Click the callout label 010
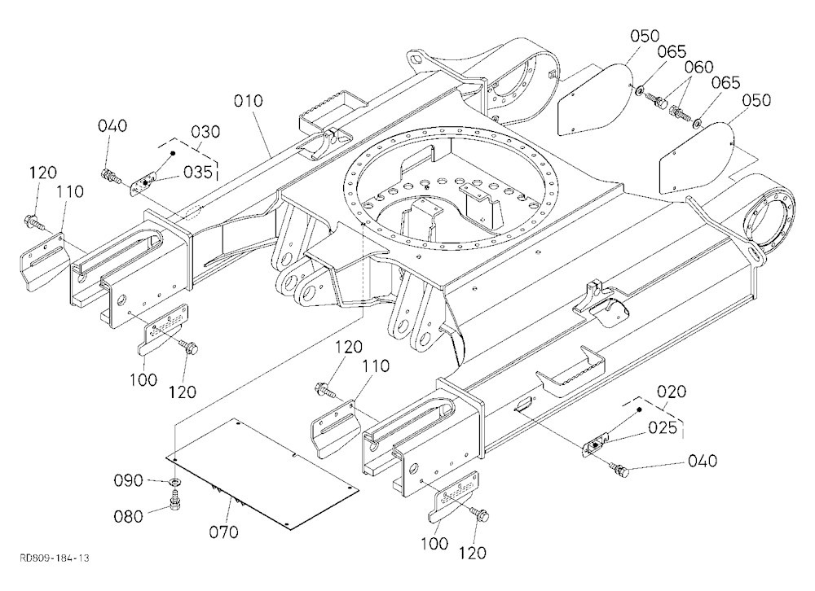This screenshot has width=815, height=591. click(x=248, y=100)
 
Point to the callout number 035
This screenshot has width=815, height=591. click(x=197, y=172)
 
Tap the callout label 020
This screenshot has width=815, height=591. click(x=672, y=391)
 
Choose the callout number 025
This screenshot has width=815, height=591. click(x=663, y=427)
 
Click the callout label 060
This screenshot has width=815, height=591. click(x=698, y=67)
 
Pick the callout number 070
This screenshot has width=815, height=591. click(x=223, y=532)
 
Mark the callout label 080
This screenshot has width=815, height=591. click(x=129, y=516)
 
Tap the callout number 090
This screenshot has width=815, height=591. click(x=129, y=480)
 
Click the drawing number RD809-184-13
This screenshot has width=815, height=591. click(x=54, y=558)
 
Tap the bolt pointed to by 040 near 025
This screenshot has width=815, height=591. click(x=619, y=469)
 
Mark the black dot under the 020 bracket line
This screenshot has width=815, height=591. click(x=640, y=409)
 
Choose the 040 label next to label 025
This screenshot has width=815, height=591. click(x=703, y=461)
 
